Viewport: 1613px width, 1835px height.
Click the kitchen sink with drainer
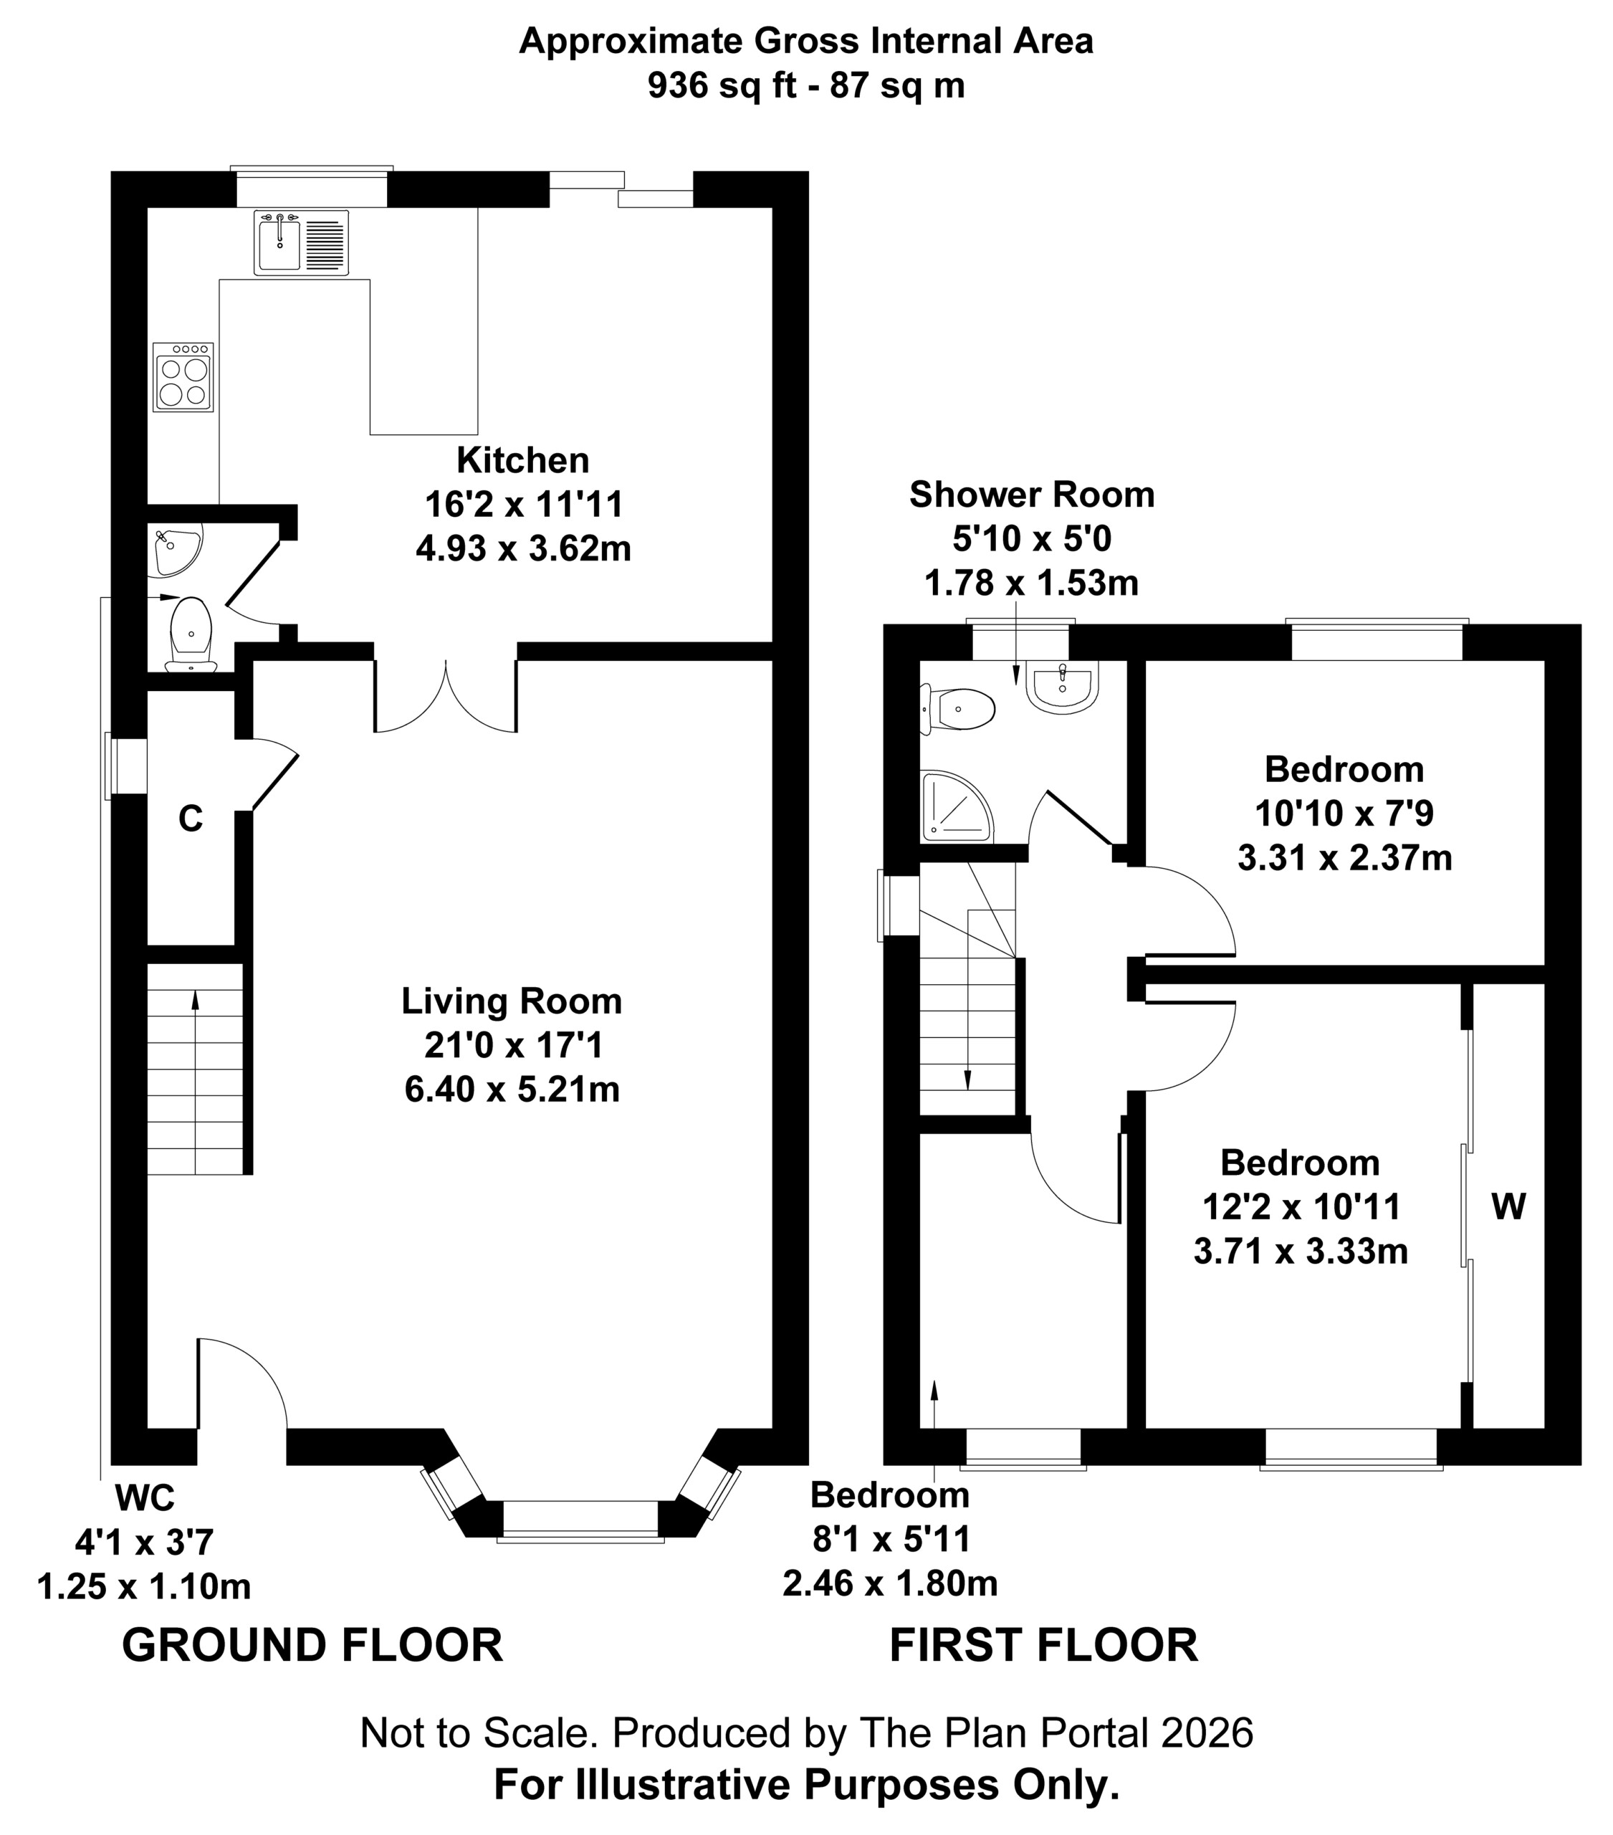[x=301, y=242]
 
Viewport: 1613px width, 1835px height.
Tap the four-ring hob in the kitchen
[x=183, y=377]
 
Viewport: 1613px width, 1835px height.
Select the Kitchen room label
[x=522, y=461]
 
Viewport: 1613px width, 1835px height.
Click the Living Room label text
[x=512, y=1001]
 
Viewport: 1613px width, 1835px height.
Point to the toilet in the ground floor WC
[x=191, y=634]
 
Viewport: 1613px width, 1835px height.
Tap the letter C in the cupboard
[x=191, y=819]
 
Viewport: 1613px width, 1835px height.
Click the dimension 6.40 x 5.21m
[x=512, y=1090]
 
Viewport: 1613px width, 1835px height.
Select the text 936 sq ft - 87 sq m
[x=806, y=85]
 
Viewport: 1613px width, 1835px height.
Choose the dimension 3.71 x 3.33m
[x=1301, y=1251]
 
